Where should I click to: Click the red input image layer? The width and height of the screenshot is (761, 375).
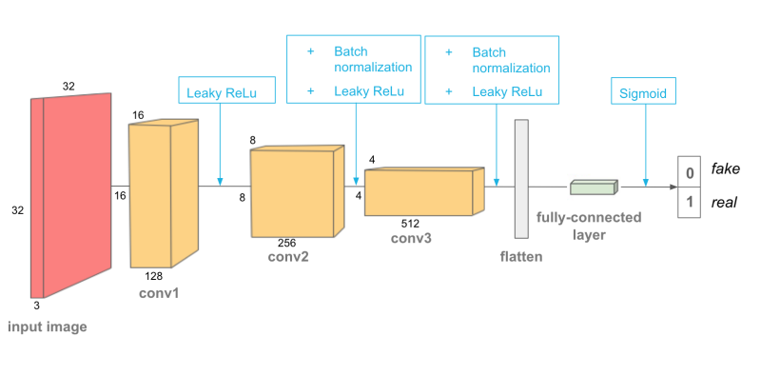click(71, 195)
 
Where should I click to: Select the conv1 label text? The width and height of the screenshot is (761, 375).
click(159, 292)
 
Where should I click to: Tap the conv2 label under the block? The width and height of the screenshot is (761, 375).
click(289, 256)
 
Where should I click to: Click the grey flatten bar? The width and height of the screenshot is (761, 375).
click(520, 179)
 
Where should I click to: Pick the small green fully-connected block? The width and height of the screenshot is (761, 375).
click(594, 187)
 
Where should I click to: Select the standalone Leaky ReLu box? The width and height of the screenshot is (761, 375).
click(218, 92)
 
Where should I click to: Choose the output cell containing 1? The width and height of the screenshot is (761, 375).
click(689, 203)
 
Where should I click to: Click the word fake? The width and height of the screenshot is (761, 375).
click(726, 169)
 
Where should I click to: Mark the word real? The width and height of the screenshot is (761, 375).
click(725, 203)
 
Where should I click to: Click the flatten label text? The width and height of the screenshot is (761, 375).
click(521, 258)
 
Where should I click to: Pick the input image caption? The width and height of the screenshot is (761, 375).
click(48, 327)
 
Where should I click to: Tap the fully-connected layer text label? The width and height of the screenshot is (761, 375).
click(589, 225)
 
